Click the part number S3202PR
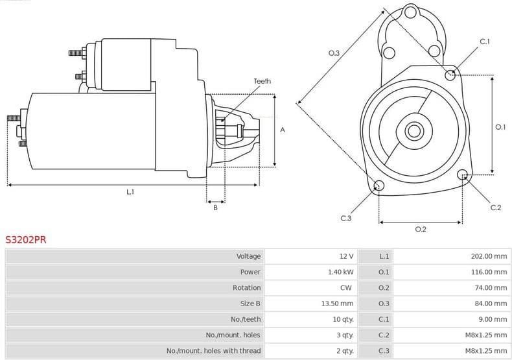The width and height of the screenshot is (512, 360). pyautogui.click(x=26, y=239)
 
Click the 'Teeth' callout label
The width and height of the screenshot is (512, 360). pyautogui.click(x=262, y=81)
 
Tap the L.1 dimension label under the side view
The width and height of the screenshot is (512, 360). pyautogui.click(x=130, y=192)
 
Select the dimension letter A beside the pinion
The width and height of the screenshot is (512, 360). pyautogui.click(x=282, y=130)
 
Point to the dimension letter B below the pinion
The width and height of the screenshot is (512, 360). pyautogui.click(x=215, y=208)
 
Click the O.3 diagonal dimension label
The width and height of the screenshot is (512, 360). pyautogui.click(x=334, y=53)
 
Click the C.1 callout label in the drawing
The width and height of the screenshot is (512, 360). pyautogui.click(x=484, y=42)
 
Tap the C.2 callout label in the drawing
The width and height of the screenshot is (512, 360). pyautogui.click(x=495, y=208)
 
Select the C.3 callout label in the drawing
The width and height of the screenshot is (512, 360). pyautogui.click(x=345, y=219)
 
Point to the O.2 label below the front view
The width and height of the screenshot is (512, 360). pyautogui.click(x=420, y=229)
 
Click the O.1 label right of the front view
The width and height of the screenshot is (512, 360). pyautogui.click(x=500, y=127)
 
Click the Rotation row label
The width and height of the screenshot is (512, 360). pyautogui.click(x=246, y=287)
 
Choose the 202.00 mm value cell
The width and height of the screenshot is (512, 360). pyautogui.click(x=489, y=256)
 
